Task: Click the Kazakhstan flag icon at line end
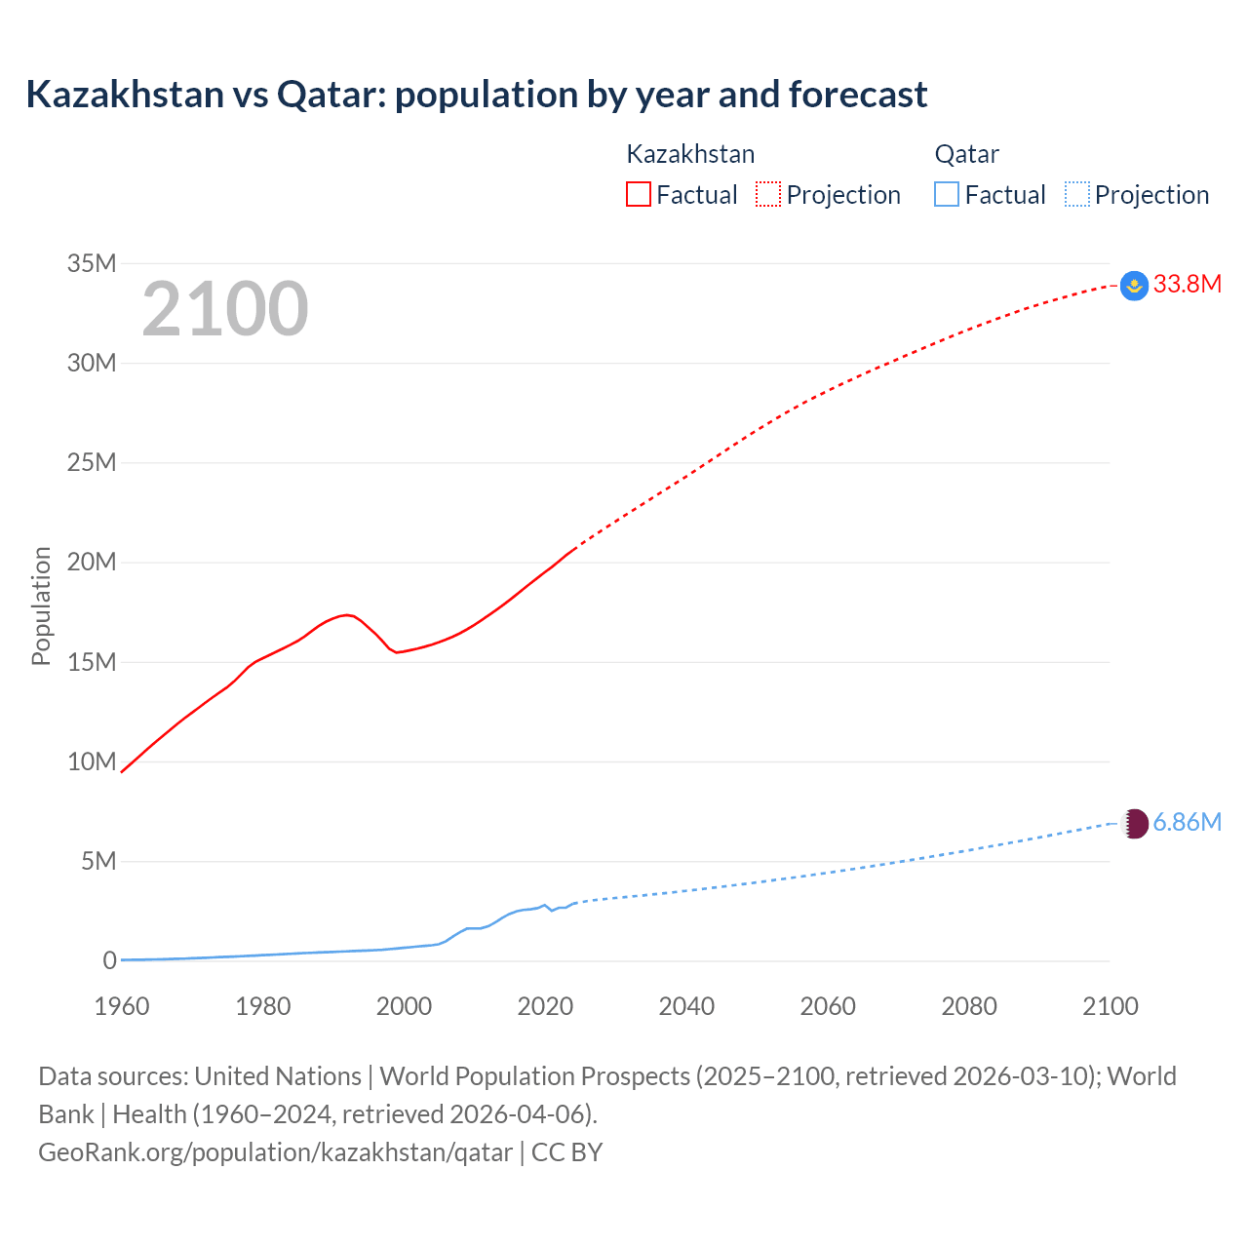1134,286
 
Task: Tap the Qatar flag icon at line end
1134,824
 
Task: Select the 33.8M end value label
1187,285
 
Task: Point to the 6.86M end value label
1187,823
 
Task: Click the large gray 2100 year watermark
225,309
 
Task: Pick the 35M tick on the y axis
92,263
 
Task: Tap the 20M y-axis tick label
92,563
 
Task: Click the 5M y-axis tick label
98,862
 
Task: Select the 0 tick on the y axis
109,961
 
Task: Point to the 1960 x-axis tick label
122,1006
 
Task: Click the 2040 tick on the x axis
686,1006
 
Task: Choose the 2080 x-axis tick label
969,1006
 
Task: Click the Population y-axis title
41,605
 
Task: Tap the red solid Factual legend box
638,194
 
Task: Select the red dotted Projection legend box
768,194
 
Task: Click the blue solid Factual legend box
947,194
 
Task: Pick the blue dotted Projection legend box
1077,194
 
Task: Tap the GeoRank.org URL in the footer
275,1152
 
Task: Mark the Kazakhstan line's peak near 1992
347,614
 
